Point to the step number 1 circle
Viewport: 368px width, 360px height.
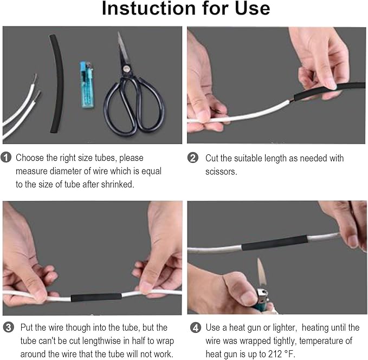(7, 158)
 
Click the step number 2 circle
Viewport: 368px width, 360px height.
(193, 158)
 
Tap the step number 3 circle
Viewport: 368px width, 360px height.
(8, 328)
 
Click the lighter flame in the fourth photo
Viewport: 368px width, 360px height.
(260, 272)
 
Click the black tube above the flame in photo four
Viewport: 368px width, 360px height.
(275, 243)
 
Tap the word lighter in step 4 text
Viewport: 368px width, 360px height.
(274, 328)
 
